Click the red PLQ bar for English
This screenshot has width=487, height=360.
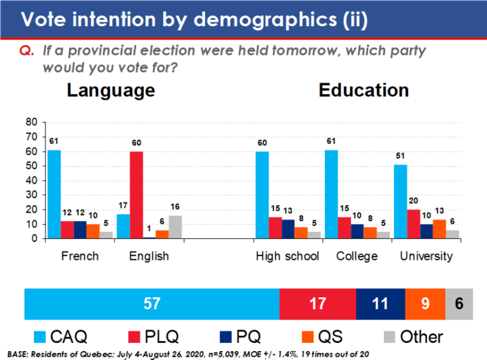pos(137,195)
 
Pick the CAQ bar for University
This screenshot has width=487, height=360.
pos(400,201)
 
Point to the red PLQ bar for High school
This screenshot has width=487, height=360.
pos(276,228)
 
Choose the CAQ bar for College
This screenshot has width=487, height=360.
pos(331,194)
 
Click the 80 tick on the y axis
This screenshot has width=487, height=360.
pos(32,121)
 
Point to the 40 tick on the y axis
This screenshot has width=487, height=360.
pos(32,180)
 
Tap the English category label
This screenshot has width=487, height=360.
pos(149,257)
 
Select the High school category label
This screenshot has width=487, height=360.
pos(288,257)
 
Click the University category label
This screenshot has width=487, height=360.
pos(426,257)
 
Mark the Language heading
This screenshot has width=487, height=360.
pos(111,90)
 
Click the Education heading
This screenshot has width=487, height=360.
pos(364,90)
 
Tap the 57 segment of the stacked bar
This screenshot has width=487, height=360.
pos(152,303)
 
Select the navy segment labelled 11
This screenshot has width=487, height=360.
pos(380,303)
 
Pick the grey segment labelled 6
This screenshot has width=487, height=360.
pos(459,303)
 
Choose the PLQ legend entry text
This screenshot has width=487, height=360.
pos(162,337)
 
